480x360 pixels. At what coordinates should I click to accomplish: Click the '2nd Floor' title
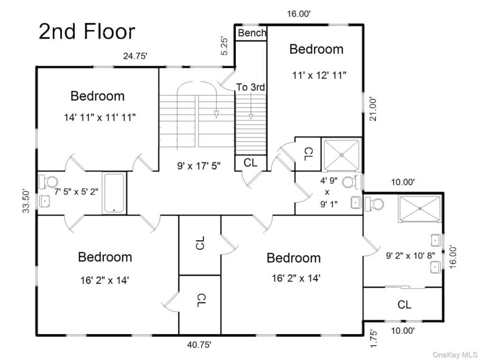pyautogui.click(x=87, y=31)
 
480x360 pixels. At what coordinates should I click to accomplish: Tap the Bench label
pyautogui.click(x=252, y=33)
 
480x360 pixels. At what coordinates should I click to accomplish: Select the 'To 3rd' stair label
pyautogui.click(x=250, y=87)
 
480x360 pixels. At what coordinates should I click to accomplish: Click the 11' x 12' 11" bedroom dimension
pyautogui.click(x=319, y=75)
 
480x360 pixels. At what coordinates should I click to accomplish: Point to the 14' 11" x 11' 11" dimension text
pyautogui.click(x=99, y=117)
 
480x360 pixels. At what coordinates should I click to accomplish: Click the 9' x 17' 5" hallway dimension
pyautogui.click(x=199, y=166)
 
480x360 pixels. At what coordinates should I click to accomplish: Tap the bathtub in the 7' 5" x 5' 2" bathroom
pyautogui.click(x=114, y=193)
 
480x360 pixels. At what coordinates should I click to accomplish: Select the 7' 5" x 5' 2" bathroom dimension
pyautogui.click(x=76, y=192)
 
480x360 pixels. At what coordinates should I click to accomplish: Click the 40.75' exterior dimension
pyautogui.click(x=199, y=345)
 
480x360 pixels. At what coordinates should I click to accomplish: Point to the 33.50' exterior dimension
pyautogui.click(x=26, y=201)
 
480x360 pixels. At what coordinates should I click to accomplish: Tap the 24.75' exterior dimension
pyautogui.click(x=135, y=56)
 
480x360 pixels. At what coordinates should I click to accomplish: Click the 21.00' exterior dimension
pyautogui.click(x=374, y=109)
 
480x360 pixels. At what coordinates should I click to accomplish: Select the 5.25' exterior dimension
pyautogui.click(x=225, y=46)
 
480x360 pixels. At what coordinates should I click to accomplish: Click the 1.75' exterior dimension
pyautogui.click(x=374, y=338)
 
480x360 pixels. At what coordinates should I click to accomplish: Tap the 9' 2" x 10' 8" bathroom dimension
pyautogui.click(x=410, y=255)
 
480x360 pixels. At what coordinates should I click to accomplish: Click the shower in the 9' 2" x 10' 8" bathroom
pyautogui.click(x=420, y=209)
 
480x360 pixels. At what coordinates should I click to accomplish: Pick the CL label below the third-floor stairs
pyautogui.click(x=250, y=163)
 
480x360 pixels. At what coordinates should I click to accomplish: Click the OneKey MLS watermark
pyautogui.click(x=455, y=355)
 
